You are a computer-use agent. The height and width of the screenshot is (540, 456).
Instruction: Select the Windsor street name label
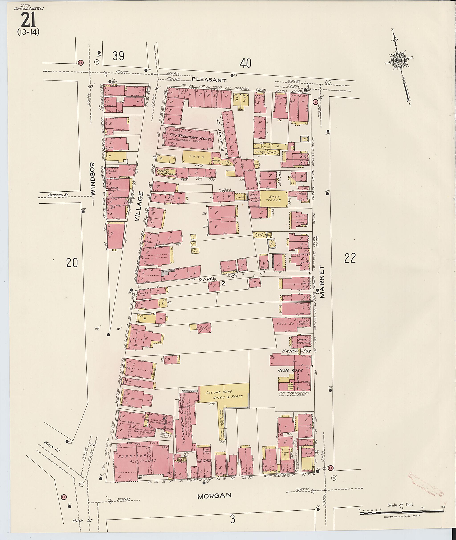[93, 179]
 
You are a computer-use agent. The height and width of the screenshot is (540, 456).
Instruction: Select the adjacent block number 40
[245, 63]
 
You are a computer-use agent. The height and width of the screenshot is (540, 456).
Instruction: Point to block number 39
[118, 56]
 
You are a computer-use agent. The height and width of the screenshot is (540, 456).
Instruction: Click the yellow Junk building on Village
[196, 157]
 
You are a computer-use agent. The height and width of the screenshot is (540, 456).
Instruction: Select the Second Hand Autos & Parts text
[224, 394]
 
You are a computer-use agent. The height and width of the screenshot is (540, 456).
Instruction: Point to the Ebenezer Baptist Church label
[167, 173]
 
